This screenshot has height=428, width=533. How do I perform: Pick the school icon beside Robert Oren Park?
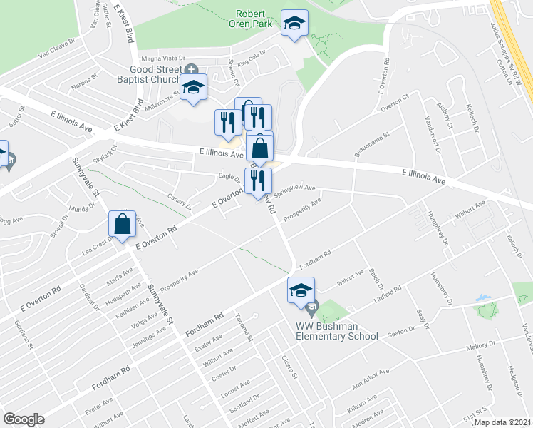(x=294, y=24)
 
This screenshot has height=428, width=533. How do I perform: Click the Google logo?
(x=24, y=419)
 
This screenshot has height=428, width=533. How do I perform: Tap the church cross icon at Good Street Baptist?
(x=190, y=69)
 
